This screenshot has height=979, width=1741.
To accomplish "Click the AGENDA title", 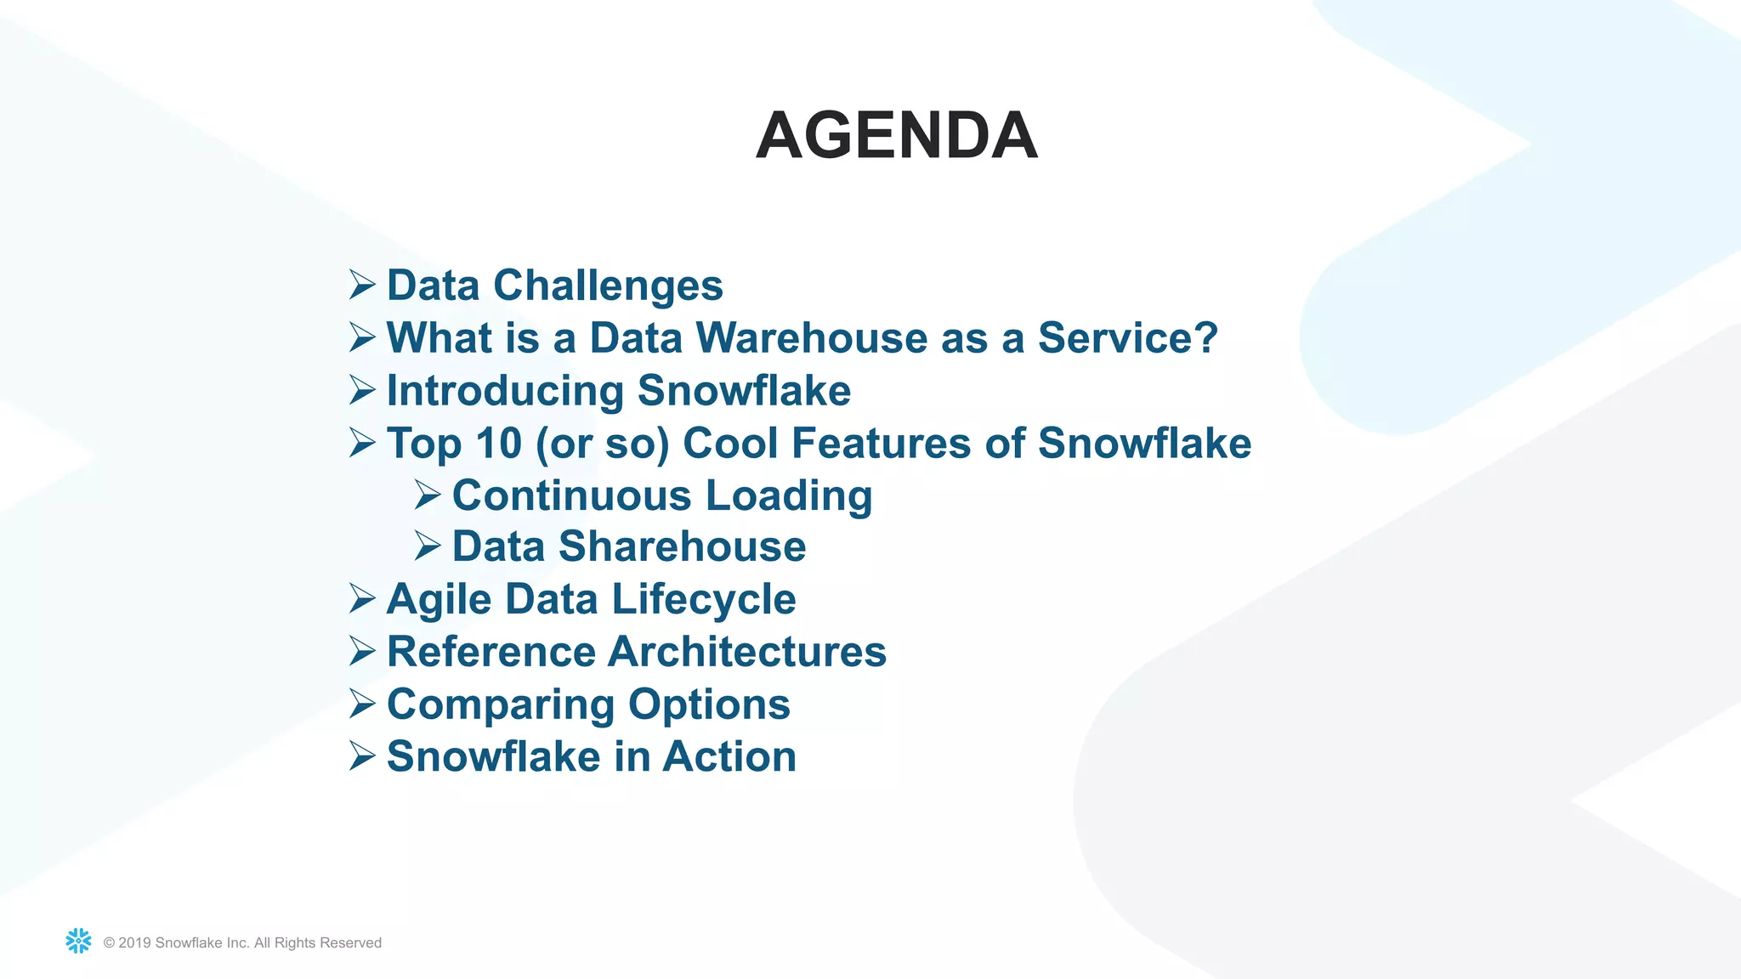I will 896,136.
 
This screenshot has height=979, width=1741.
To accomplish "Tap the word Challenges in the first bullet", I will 608,286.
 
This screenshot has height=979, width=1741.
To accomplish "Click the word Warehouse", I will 813,338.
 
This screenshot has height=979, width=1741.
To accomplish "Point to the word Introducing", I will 505,392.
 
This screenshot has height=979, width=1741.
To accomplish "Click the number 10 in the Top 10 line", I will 498,444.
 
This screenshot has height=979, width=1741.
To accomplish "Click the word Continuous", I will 571,495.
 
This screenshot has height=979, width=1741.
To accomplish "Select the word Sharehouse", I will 682,546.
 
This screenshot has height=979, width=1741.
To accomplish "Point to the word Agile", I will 439,600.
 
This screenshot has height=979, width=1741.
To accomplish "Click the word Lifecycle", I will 703,600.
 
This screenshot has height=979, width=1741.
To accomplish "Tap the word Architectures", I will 747,652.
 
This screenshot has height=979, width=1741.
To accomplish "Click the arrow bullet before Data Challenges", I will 361,285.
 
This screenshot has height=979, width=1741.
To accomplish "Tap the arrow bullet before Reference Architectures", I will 361,652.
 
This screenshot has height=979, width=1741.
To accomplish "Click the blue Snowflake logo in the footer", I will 78,941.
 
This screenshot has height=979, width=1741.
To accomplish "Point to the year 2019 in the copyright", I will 135,942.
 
